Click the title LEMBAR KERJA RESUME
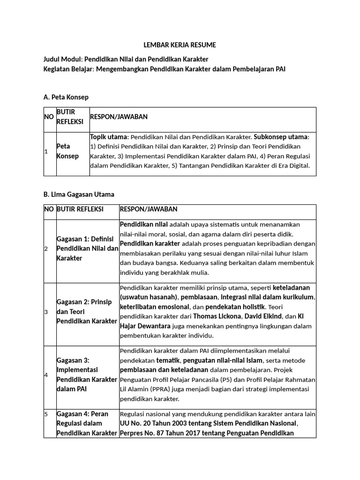pyautogui.click(x=180, y=45)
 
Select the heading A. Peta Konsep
pyautogui.click(x=66, y=97)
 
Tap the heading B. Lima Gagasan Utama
pyautogui.click(x=78, y=194)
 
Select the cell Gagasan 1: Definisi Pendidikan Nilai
pyautogui.click(x=87, y=249)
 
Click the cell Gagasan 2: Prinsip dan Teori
pyautogui.click(x=87, y=312)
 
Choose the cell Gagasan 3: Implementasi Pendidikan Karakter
pyautogui.click(x=87, y=375)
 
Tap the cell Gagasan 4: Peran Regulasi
pyautogui.click(x=87, y=423)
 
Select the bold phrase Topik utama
pyautogui.click(x=108, y=137)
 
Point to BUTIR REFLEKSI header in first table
pyautogui.click(x=70, y=117)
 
